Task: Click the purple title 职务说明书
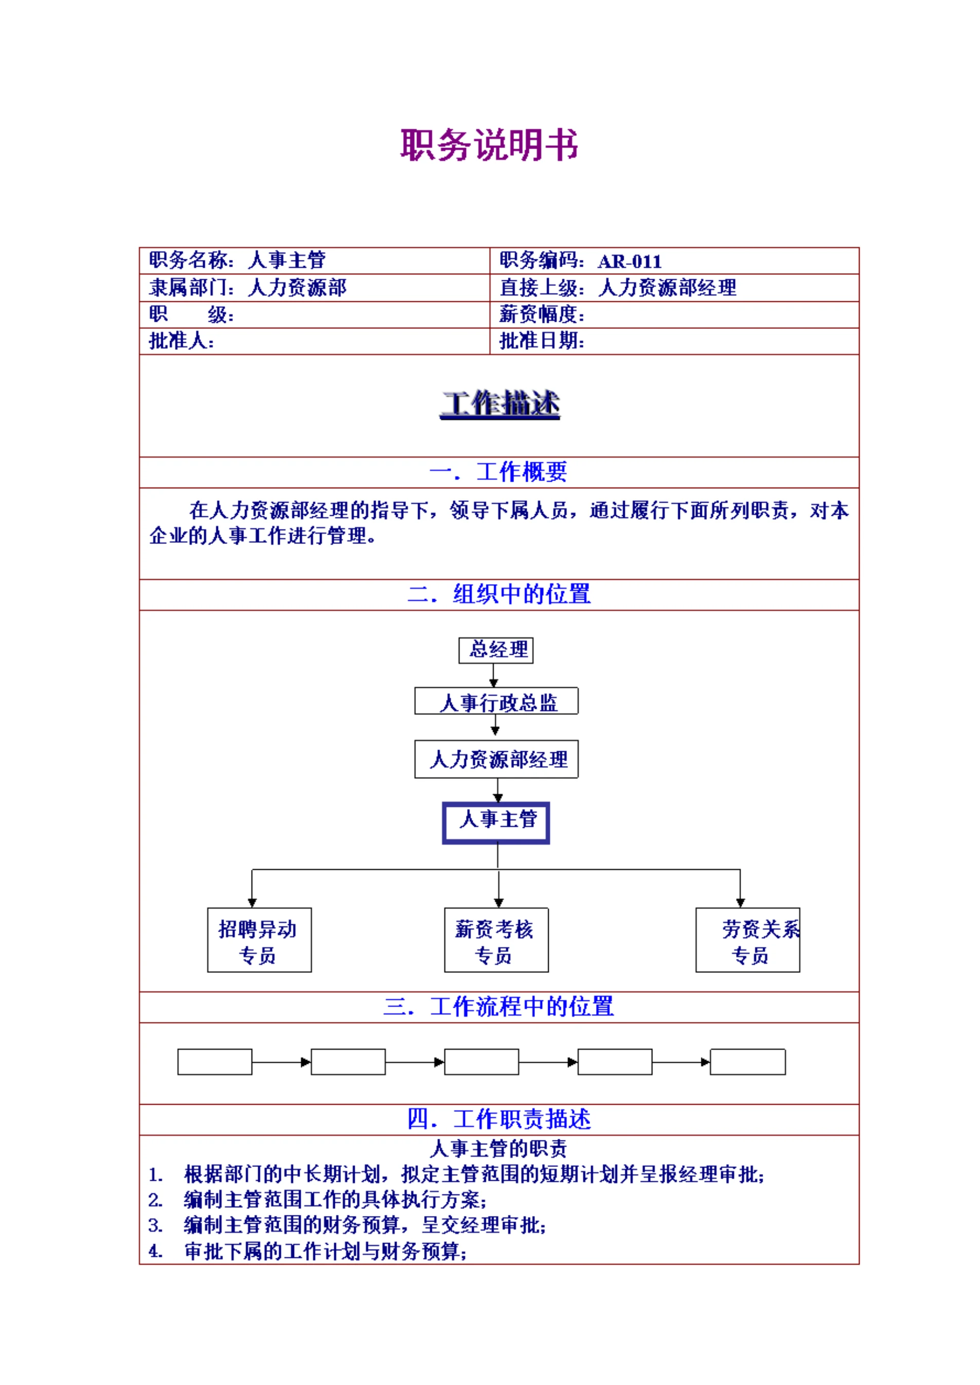pyautogui.click(x=489, y=146)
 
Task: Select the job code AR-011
pyautogui.click(x=629, y=261)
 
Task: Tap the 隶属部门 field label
pyautogui.click(x=191, y=288)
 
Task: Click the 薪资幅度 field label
pyautogui.click(x=541, y=315)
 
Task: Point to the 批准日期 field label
pyautogui.click(x=541, y=341)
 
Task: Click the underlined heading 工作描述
pyautogui.click(x=500, y=404)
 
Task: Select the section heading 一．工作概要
pyautogui.click(x=499, y=472)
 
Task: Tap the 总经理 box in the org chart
pyautogui.click(x=496, y=650)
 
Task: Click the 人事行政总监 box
pyautogui.click(x=496, y=702)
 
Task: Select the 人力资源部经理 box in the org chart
pyautogui.click(x=496, y=759)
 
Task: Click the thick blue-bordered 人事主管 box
pyautogui.click(x=496, y=822)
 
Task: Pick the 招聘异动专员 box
pyautogui.click(x=259, y=940)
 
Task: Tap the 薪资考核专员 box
pyautogui.click(x=496, y=940)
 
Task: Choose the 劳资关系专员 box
pyautogui.click(x=748, y=940)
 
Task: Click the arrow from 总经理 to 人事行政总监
pyautogui.click(x=493, y=676)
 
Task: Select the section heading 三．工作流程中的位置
pyautogui.click(x=499, y=1007)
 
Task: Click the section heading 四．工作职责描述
pyautogui.click(x=499, y=1119)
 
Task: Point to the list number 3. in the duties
pyautogui.click(x=155, y=1225)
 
